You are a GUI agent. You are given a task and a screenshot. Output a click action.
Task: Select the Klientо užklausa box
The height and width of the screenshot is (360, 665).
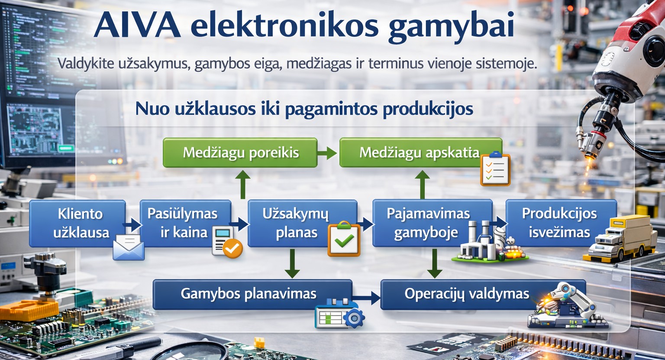pyautogui.click(x=78, y=223)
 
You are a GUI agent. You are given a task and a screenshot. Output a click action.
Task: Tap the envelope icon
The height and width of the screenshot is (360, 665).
pyautogui.click(x=128, y=248)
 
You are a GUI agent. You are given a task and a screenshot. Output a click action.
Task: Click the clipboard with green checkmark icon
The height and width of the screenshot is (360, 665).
pyautogui.click(x=344, y=239)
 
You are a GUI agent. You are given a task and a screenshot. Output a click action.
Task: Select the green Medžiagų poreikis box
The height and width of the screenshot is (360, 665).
pyautogui.click(x=240, y=152)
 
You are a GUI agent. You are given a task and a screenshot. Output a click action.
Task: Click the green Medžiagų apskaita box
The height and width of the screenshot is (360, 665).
pyautogui.click(x=416, y=152)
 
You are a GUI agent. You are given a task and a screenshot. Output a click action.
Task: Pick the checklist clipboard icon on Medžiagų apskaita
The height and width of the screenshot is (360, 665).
pyautogui.click(x=495, y=169)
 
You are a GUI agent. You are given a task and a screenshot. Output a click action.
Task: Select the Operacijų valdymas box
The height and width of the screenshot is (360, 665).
pyautogui.click(x=463, y=294)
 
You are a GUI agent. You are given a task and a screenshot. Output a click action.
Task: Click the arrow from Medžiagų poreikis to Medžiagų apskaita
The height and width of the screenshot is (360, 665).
pyautogui.click(x=328, y=152)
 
